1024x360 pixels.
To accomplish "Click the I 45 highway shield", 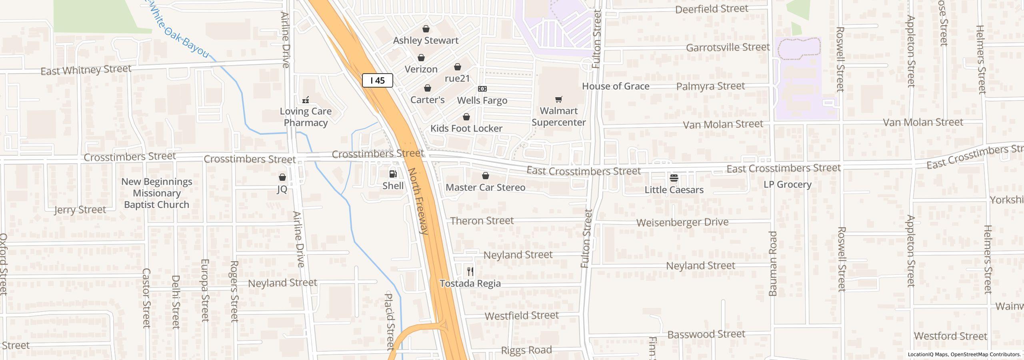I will (x=377, y=80).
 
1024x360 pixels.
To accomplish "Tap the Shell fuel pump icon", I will (x=393, y=174).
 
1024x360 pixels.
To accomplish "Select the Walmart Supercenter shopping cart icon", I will (x=559, y=99).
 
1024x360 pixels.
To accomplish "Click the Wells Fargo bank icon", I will (x=482, y=89).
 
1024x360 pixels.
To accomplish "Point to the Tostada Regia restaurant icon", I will (x=470, y=272).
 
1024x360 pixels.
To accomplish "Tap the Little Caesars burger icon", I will (x=674, y=178).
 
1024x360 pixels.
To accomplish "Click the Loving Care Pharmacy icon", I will (x=306, y=100).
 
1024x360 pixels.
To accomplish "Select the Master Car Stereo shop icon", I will (x=486, y=176).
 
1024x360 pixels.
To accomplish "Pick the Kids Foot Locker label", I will (x=466, y=128).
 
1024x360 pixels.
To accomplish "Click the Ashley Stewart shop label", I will (x=426, y=40).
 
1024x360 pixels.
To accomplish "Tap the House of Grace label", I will (x=615, y=86).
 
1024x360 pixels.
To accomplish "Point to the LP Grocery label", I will (x=787, y=184).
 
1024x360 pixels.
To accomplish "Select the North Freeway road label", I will (x=418, y=201).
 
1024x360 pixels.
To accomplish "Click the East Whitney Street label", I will (x=86, y=70).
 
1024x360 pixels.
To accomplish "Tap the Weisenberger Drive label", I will (x=682, y=222).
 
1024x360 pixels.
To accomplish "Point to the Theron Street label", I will (x=482, y=221).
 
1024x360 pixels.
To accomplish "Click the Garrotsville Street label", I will (x=728, y=48).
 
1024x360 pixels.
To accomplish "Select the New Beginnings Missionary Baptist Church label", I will (x=156, y=193).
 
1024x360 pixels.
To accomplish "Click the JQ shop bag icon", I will (x=282, y=177).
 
